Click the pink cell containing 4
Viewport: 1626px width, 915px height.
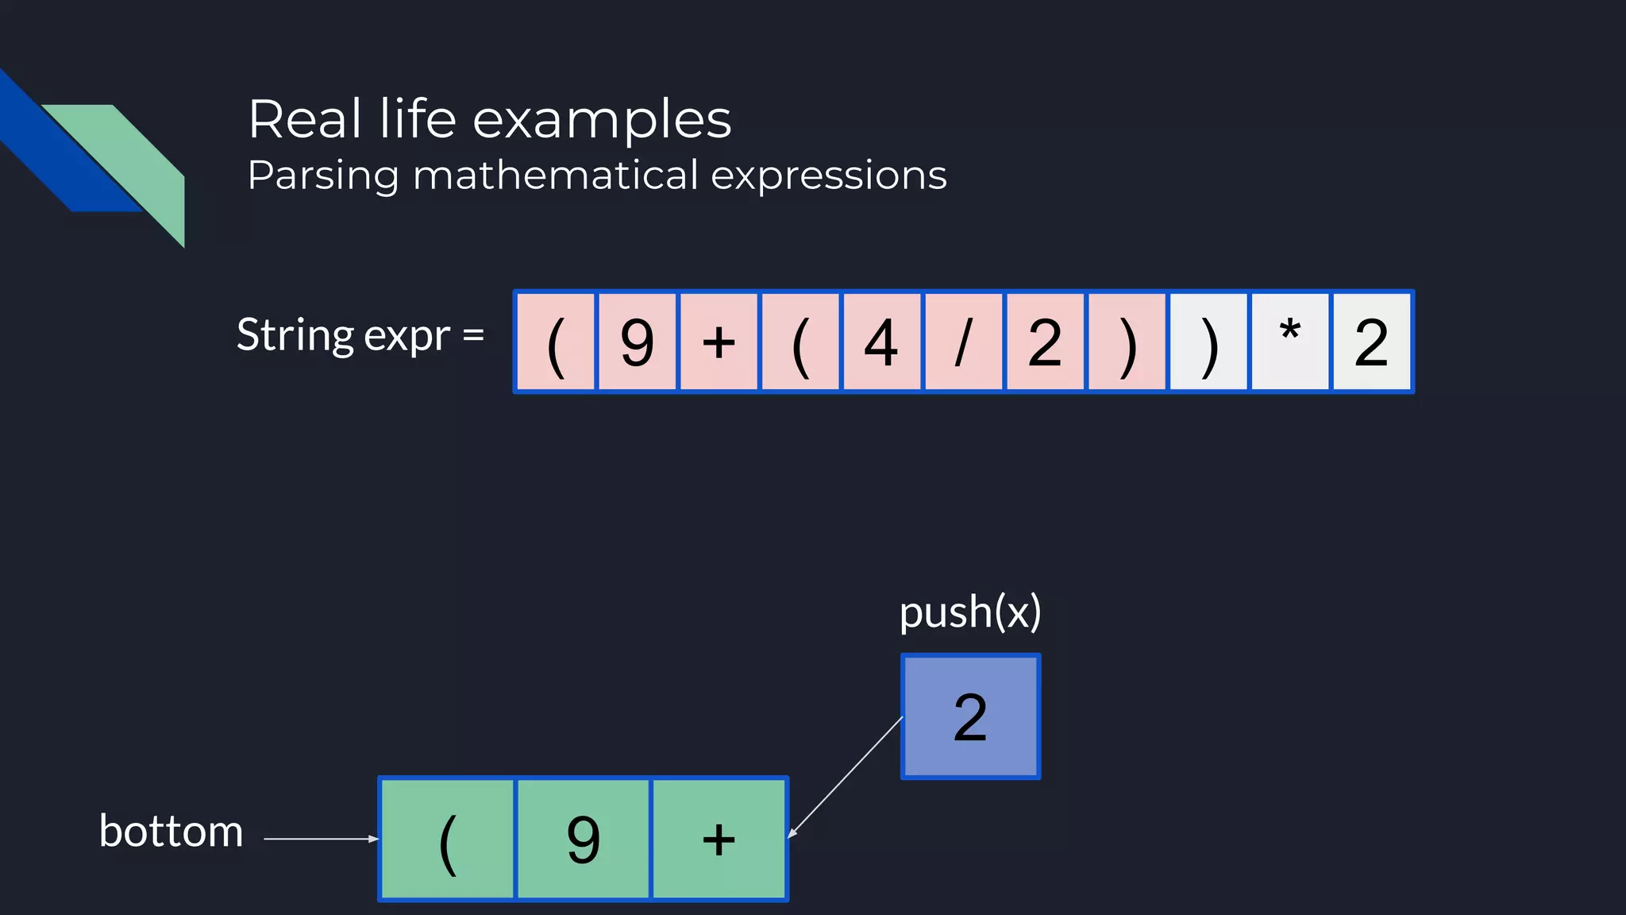click(881, 342)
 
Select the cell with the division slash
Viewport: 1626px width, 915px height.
click(963, 342)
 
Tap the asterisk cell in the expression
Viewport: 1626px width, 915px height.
click(1290, 342)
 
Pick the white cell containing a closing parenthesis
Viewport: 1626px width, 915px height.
click(1208, 342)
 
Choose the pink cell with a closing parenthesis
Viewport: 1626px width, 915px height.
click(1127, 342)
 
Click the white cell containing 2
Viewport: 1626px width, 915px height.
click(1372, 342)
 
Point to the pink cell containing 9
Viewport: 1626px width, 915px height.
click(637, 342)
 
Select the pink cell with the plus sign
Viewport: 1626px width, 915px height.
click(719, 342)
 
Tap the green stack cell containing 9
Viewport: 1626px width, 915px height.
click(584, 839)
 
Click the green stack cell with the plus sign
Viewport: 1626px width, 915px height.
click(719, 839)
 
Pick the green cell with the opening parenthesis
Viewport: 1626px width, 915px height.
click(448, 839)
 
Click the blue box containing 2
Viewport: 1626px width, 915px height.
click(970, 716)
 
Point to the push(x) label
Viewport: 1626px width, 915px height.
click(970, 612)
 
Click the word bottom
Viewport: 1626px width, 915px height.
click(171, 832)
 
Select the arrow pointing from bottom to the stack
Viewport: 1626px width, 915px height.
click(321, 839)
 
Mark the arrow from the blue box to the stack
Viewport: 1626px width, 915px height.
click(846, 777)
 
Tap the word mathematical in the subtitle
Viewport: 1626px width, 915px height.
click(555, 175)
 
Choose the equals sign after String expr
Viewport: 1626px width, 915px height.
click(473, 335)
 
